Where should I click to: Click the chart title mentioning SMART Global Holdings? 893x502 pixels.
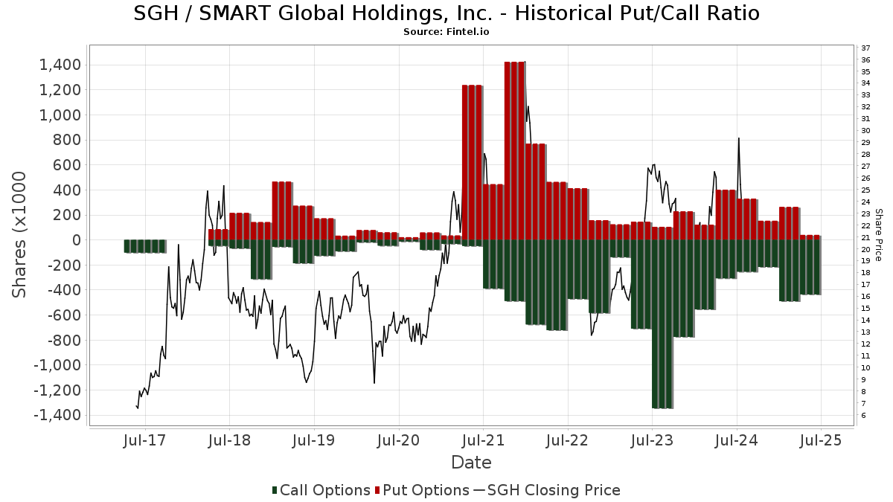click(x=446, y=13)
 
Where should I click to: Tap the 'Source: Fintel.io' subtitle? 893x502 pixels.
click(x=446, y=32)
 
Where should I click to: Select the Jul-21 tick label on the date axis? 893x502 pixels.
click(x=483, y=440)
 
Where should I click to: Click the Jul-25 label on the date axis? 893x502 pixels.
click(x=821, y=440)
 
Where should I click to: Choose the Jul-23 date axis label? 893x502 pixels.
click(x=652, y=440)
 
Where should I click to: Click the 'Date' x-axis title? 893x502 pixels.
click(x=471, y=463)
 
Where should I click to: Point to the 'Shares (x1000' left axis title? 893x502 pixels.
click(x=20, y=234)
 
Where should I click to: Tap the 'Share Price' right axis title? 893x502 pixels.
click(x=878, y=234)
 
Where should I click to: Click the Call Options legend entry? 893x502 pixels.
click(x=321, y=490)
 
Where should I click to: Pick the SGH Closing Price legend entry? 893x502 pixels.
click(x=547, y=490)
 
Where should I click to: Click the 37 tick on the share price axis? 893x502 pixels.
click(x=866, y=48)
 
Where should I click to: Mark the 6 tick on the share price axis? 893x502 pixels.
click(x=864, y=415)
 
